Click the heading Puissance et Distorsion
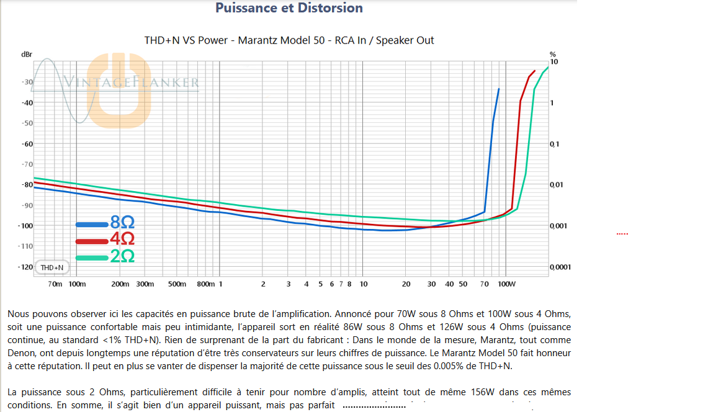coord(289,8)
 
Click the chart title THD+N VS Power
coord(289,40)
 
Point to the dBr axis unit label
coord(26,55)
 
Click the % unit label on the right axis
coord(553,55)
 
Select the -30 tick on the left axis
coord(27,82)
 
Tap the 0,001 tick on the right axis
coord(558,226)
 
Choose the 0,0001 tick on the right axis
coord(560,267)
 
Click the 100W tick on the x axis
coord(507,284)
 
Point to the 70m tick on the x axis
coord(55,284)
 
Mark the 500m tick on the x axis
coord(177,284)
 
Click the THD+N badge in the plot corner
coord(52,267)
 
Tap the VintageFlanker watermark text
coord(132,82)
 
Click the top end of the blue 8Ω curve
coord(498,89)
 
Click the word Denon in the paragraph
coord(20,352)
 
